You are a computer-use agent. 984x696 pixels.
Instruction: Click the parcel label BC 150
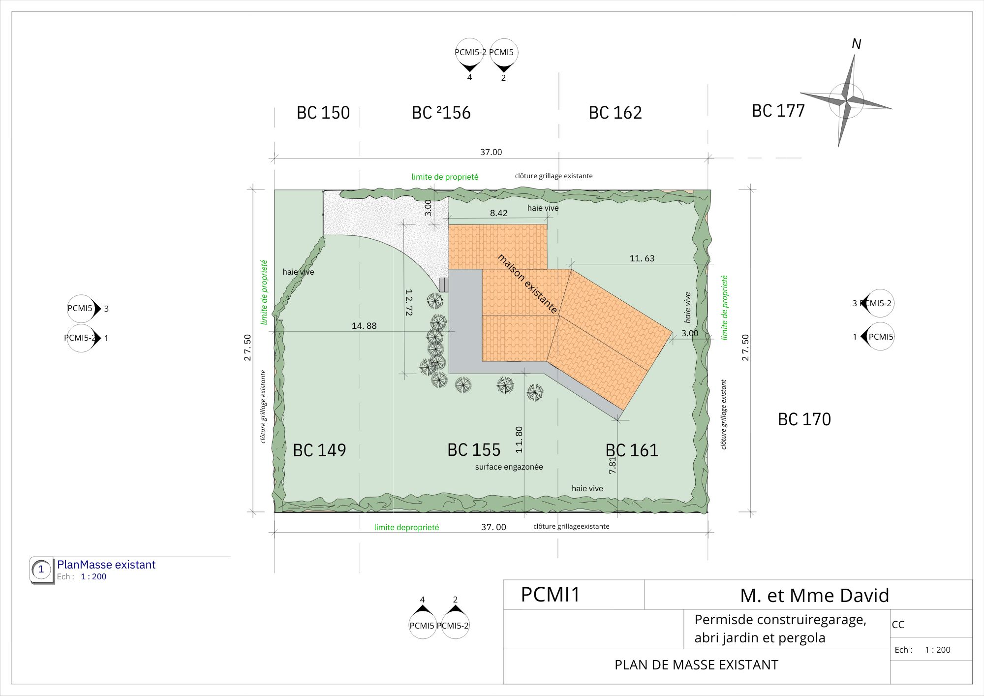[323, 113]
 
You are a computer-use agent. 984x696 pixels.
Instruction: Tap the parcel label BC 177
[778, 111]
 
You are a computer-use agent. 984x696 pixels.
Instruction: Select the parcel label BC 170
[804, 419]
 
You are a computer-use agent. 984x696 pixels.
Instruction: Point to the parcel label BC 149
[319, 450]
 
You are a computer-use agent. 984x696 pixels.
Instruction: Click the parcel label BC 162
[615, 113]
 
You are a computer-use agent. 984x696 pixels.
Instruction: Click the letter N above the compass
[857, 44]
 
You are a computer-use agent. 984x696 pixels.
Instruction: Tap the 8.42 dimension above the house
[498, 213]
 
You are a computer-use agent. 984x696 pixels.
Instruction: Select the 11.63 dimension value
[642, 258]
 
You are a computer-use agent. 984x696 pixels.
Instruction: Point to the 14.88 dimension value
[364, 326]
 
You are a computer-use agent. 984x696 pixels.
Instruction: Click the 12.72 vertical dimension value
[408, 302]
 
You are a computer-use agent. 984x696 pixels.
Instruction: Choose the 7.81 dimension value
[612, 466]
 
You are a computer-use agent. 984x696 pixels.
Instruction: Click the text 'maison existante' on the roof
[527, 284]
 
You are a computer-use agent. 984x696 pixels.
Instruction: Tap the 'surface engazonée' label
[509, 467]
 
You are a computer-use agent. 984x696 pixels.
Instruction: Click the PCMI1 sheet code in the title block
[551, 595]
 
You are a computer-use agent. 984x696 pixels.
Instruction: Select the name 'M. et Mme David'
[815, 596]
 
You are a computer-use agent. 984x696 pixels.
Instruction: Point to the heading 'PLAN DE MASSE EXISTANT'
[696, 665]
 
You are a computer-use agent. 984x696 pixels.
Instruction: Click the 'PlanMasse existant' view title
[106, 565]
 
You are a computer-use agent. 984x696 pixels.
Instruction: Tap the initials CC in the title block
[898, 625]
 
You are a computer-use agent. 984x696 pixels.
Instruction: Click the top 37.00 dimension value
[491, 152]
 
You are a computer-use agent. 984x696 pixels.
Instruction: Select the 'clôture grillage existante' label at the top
[554, 176]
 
